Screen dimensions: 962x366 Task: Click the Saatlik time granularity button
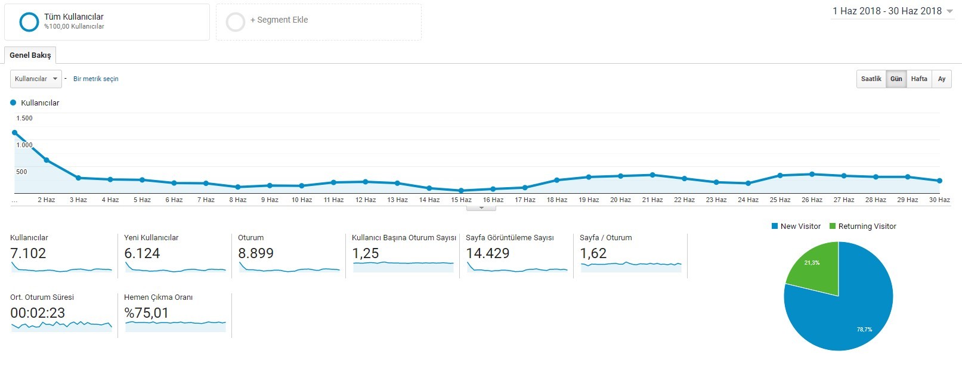[x=871, y=79]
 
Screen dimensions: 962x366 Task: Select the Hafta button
[x=919, y=79]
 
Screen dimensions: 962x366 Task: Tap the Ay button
[x=942, y=79]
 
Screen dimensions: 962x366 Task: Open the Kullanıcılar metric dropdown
[x=36, y=79]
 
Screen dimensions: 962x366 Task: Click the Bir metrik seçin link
[x=96, y=79]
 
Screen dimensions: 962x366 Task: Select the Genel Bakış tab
[x=30, y=55]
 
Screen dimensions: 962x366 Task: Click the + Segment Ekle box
[x=318, y=22]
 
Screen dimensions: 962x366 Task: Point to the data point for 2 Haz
[x=47, y=160]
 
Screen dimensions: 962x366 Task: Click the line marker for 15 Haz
[x=461, y=191]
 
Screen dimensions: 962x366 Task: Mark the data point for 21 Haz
[x=652, y=175]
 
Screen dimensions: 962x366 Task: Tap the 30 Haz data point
[x=940, y=181]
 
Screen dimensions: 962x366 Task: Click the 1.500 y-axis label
[x=24, y=119]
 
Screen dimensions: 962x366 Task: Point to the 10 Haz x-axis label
[x=302, y=200]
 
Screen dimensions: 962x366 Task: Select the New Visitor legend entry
[x=796, y=226]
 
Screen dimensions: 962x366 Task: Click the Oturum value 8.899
[x=255, y=253]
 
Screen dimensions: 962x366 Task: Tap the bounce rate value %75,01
[x=146, y=313]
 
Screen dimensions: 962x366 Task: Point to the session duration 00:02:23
[x=38, y=313]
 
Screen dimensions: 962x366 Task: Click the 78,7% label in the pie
[x=865, y=330]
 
